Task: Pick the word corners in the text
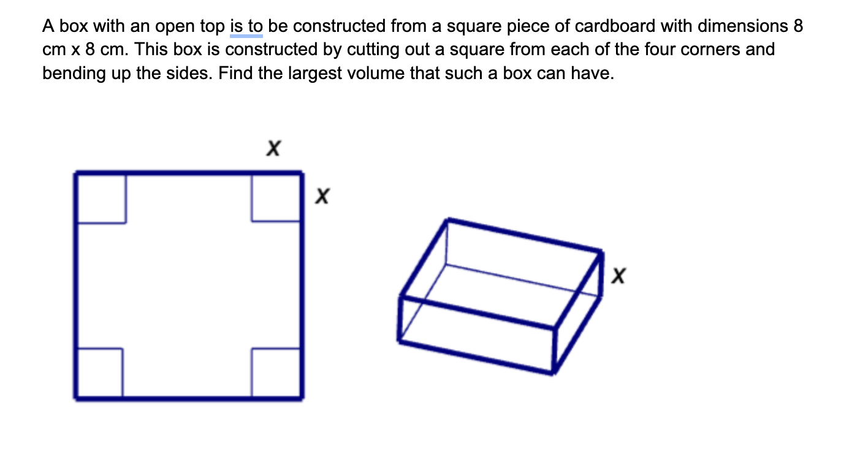coord(709,50)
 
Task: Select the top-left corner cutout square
coord(101,198)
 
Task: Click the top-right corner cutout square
coord(276,197)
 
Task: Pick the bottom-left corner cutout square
coord(99,373)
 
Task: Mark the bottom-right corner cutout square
coord(276,373)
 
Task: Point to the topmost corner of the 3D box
coord(449,219)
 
